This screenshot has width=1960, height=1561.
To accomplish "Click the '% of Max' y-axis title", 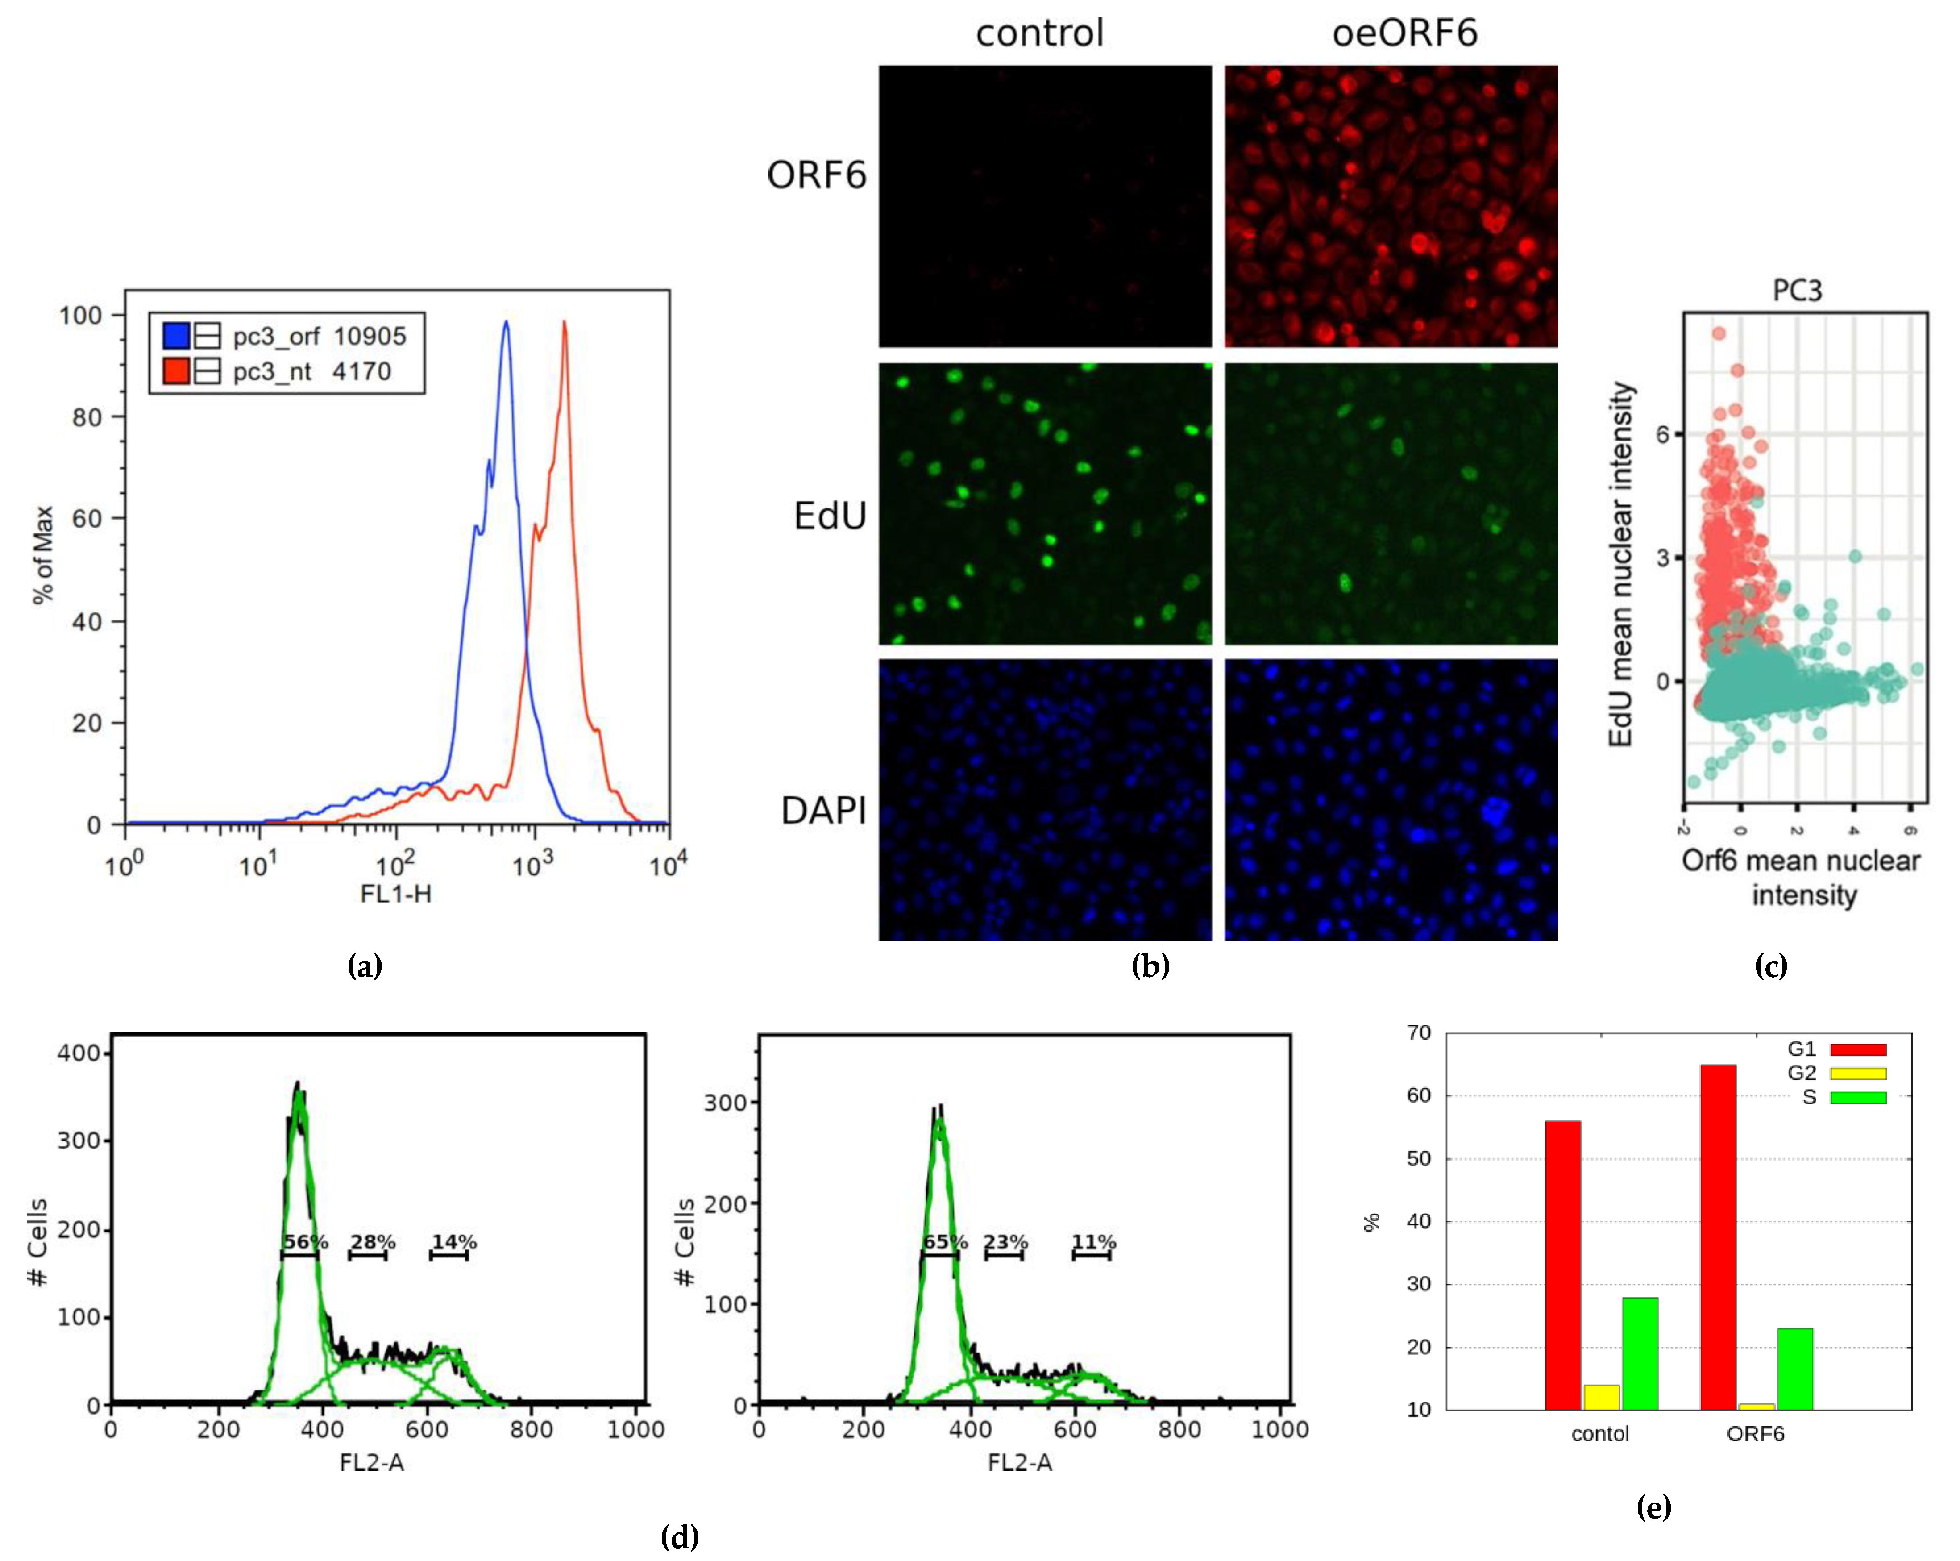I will point(43,554).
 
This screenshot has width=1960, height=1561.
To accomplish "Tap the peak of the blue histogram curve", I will point(507,323).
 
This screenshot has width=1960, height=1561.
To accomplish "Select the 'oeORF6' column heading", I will point(1404,33).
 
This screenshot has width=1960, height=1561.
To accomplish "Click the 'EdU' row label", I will point(829,516).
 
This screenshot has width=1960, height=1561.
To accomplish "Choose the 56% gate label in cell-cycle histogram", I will point(304,1242).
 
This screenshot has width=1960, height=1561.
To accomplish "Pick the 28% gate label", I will point(373,1242).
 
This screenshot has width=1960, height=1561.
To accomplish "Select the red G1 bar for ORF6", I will point(1717,1236).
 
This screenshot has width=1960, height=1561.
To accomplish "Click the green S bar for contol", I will point(1639,1353).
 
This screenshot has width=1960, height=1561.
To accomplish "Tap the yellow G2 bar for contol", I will point(1601,1397).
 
